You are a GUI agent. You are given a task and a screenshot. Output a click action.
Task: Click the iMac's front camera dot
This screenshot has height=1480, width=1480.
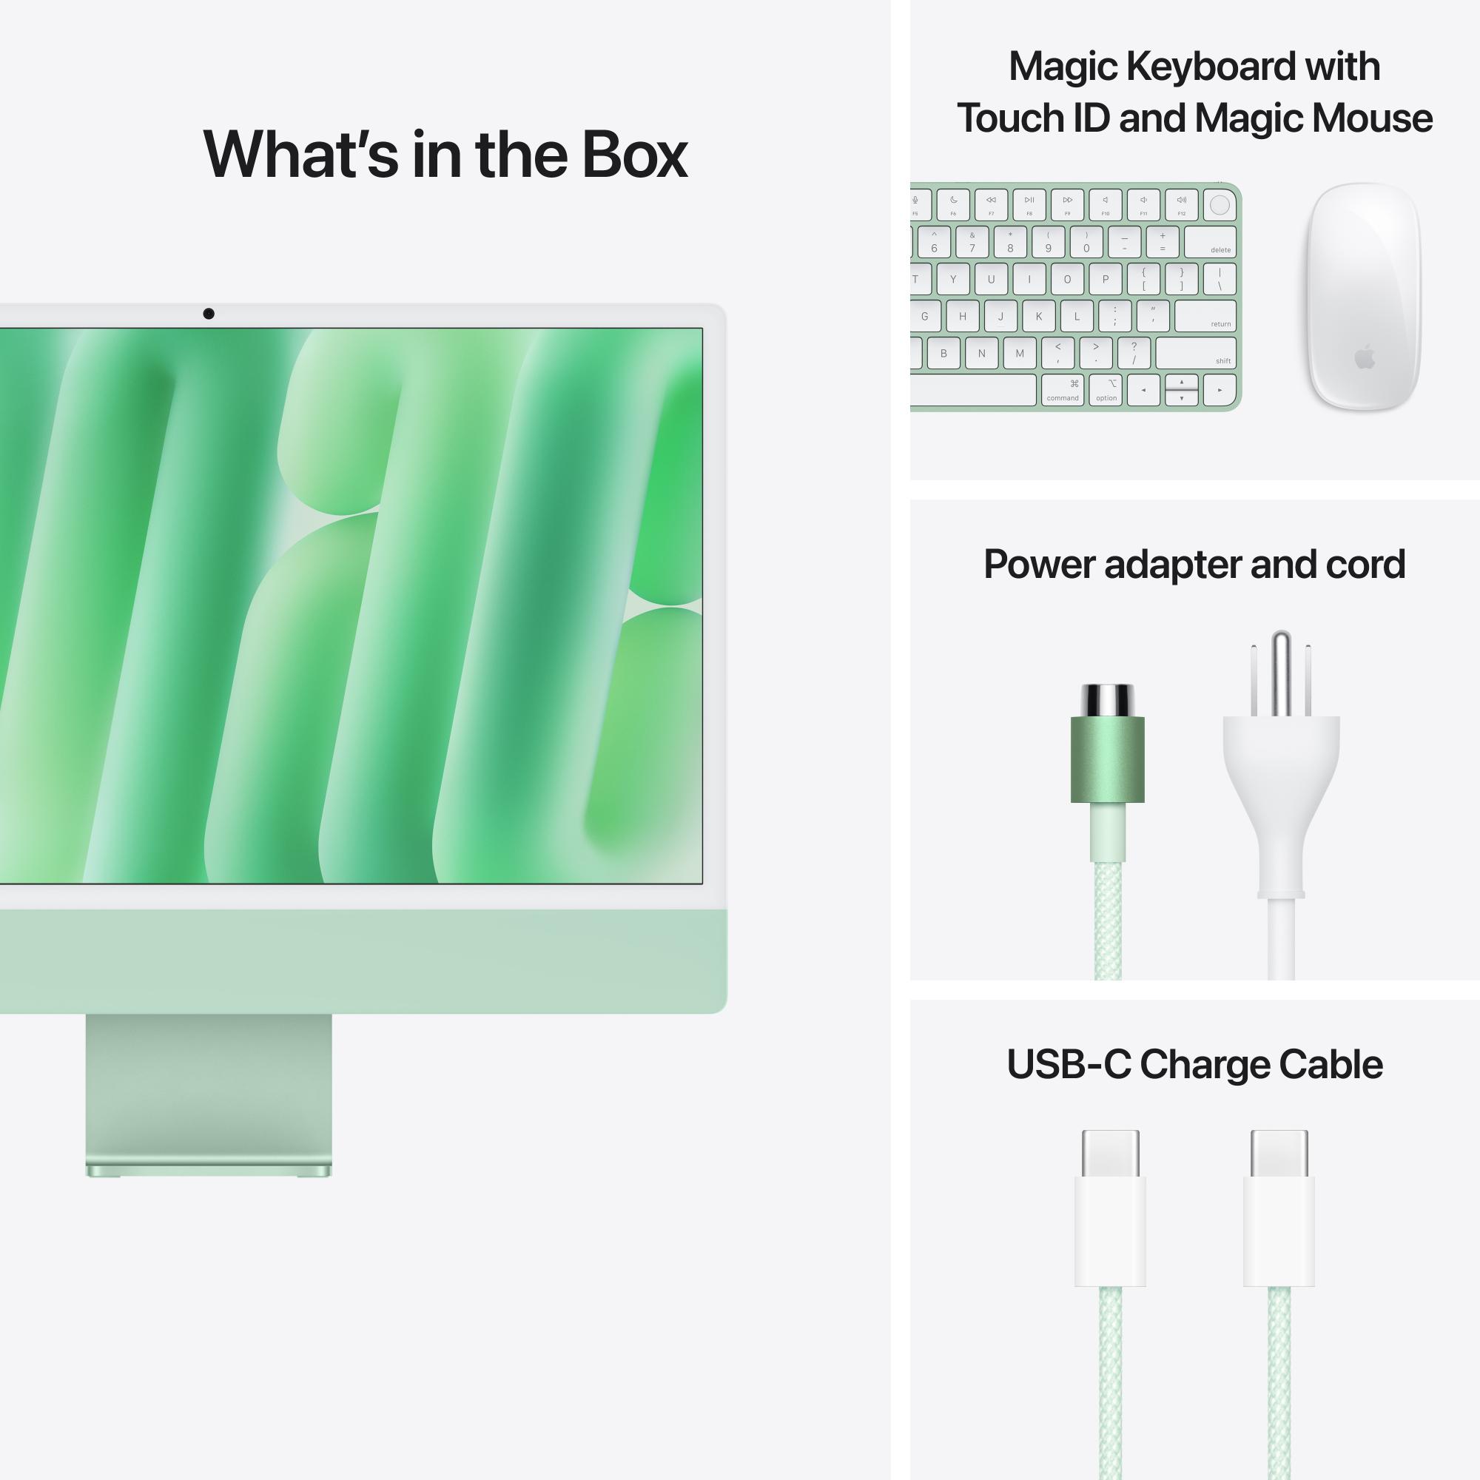coord(209,313)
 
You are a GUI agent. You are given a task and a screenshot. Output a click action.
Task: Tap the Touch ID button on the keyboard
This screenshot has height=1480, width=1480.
coord(1220,204)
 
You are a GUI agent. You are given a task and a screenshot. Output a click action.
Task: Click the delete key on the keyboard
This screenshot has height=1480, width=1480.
coord(1210,242)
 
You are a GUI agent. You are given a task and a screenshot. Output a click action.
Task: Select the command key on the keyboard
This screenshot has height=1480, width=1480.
coord(1063,390)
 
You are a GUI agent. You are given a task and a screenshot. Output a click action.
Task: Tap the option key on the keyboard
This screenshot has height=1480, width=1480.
coord(1106,390)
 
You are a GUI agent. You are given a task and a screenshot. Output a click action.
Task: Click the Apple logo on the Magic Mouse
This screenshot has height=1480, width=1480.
coord(1365,357)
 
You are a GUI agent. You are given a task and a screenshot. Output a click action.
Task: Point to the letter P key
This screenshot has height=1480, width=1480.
coord(1105,279)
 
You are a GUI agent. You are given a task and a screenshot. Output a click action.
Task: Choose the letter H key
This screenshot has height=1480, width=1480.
coord(962,316)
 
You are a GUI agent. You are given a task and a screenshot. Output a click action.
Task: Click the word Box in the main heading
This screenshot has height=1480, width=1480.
coord(633,155)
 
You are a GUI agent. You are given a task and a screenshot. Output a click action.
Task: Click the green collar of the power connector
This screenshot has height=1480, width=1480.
coord(1107,759)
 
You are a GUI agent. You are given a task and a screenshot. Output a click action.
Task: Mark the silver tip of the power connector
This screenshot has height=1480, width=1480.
coord(1107,699)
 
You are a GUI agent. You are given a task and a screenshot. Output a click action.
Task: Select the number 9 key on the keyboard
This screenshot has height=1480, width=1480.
coord(1048,242)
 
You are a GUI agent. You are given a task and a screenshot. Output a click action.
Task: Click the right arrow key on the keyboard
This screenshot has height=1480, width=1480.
coord(1220,390)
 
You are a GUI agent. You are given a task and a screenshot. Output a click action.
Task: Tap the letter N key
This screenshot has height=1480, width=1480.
coord(981,353)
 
